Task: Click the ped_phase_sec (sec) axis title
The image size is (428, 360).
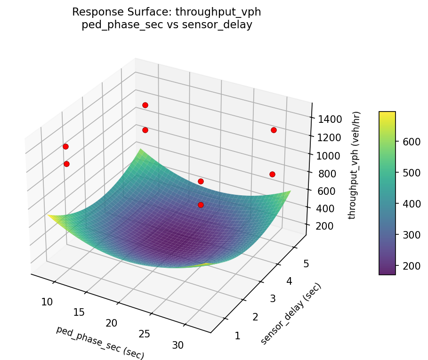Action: pos(100,342)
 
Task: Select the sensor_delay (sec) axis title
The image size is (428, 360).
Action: pos(291,314)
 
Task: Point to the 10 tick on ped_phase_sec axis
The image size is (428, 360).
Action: pos(47,302)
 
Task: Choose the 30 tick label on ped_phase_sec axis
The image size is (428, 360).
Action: pos(178,345)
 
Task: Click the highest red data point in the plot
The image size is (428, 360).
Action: pos(145,105)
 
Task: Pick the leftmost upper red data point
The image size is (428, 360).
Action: pos(65,146)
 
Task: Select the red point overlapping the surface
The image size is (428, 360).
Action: pos(201,205)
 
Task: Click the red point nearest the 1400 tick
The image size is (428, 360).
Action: pos(274,130)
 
